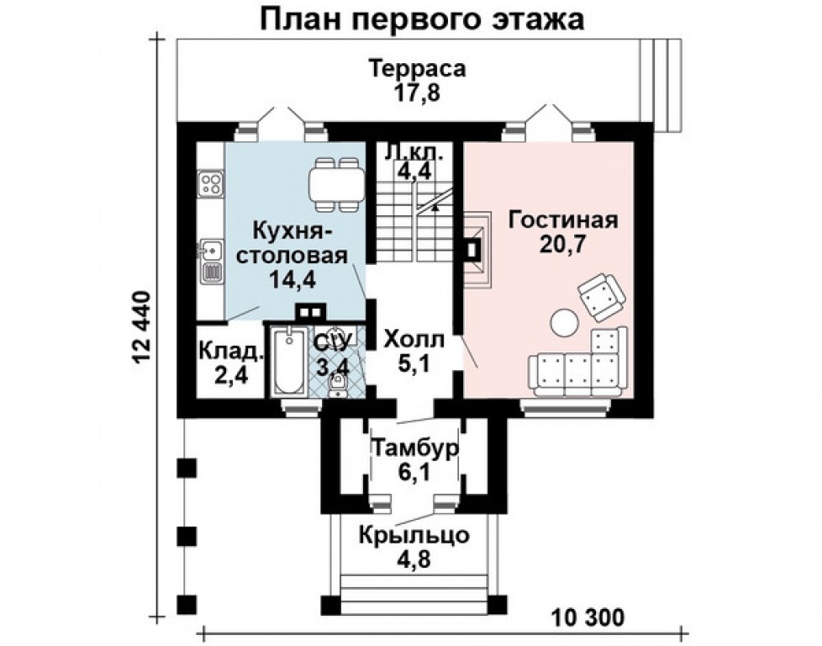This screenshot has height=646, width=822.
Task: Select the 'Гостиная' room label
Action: coord(563,220)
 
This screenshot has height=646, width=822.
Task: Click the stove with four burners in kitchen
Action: coord(210,183)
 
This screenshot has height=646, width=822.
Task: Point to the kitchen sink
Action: coord(210,250)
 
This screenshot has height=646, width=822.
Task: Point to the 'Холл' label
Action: coord(412,340)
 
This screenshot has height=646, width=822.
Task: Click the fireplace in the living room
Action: coord(474,250)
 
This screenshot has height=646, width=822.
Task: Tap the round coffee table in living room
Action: coord(562,321)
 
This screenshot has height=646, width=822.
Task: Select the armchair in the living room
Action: coord(601,295)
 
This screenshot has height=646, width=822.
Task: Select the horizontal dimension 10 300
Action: coord(588,618)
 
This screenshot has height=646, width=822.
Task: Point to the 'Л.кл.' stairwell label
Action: coord(413,153)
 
